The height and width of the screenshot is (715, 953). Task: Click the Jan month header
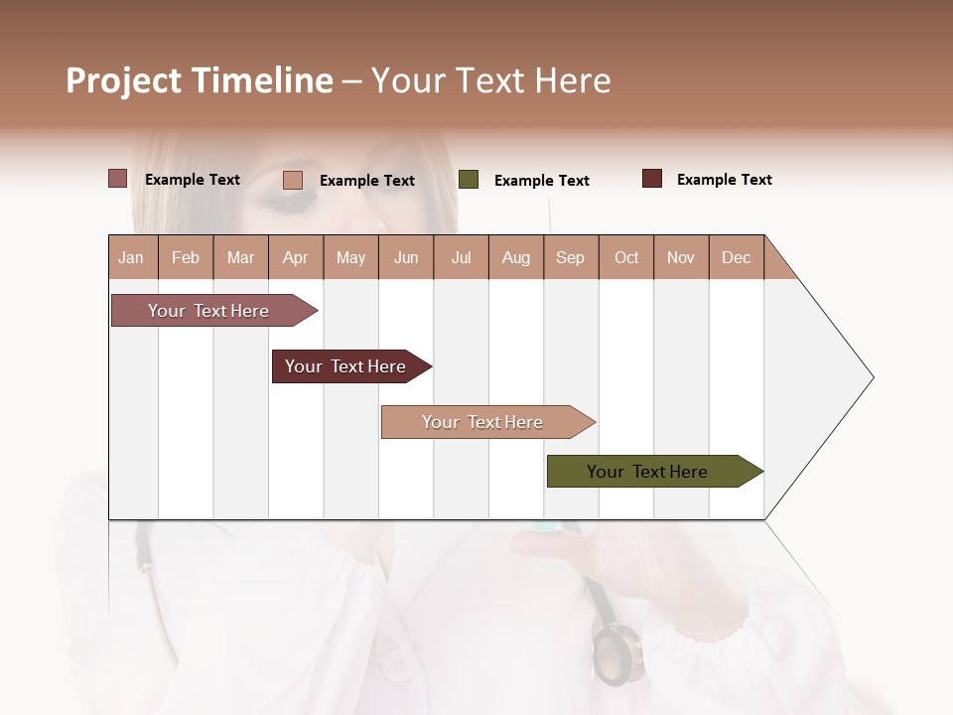(x=132, y=257)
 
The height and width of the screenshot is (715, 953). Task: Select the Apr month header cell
(x=295, y=257)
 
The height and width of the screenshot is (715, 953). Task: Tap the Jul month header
(x=461, y=257)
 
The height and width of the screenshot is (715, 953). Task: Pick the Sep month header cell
(x=570, y=257)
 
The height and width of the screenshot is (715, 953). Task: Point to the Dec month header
(x=736, y=257)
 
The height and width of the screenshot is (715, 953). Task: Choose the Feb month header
(x=186, y=257)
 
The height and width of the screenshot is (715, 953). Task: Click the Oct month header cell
(x=626, y=257)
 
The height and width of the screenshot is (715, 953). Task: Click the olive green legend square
(x=469, y=180)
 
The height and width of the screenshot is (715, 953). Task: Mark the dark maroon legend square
(x=652, y=179)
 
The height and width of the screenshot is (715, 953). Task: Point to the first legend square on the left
(x=117, y=179)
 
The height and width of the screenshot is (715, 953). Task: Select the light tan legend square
(x=293, y=180)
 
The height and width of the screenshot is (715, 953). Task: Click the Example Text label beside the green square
(x=541, y=181)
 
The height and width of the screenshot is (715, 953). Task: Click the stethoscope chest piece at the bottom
(x=616, y=657)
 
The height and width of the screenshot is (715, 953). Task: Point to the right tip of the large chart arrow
(x=872, y=377)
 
